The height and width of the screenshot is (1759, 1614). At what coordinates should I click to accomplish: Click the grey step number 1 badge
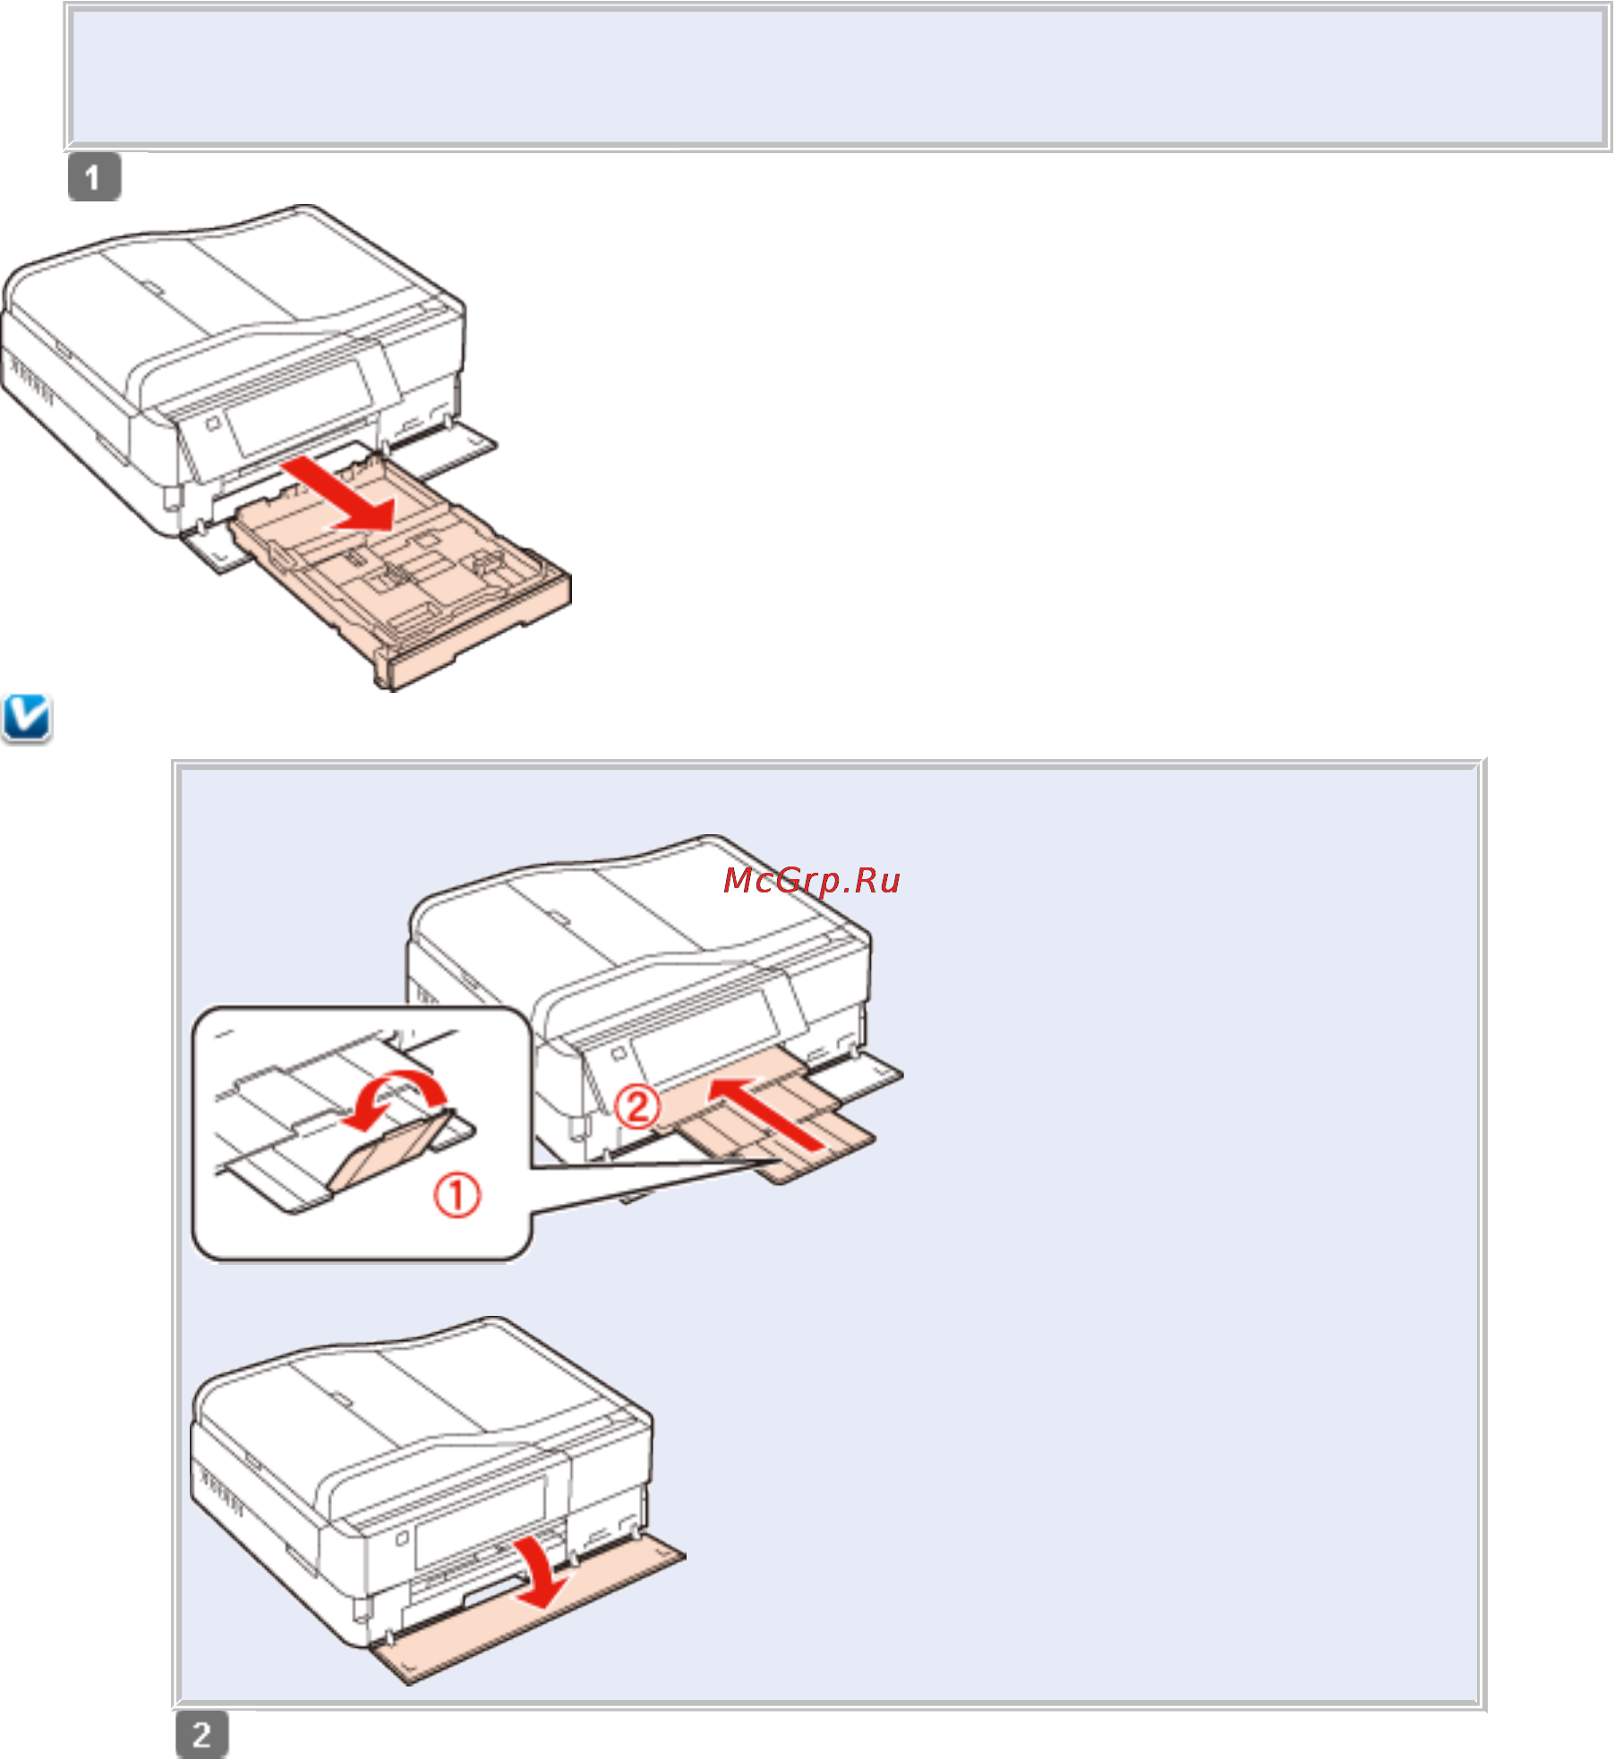(94, 177)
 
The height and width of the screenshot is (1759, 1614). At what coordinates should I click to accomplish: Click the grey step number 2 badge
(201, 1734)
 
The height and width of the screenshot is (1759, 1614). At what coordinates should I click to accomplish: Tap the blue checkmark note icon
(27, 718)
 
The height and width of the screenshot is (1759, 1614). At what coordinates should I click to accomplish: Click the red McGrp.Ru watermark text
(811, 881)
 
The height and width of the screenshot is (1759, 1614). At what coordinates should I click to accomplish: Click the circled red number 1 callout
(457, 1195)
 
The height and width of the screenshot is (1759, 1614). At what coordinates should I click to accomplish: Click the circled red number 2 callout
(636, 1106)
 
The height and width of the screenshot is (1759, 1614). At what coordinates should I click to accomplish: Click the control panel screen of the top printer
(300, 407)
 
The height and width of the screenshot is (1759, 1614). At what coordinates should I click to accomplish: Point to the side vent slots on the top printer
(31, 381)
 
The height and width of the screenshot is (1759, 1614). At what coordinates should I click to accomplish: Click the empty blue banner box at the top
(838, 77)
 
